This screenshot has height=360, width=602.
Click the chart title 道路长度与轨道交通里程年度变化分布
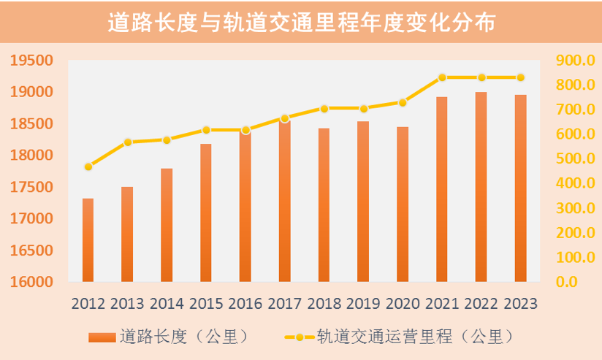(301, 23)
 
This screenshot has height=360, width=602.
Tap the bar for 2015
(206, 212)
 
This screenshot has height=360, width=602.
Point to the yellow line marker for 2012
(88, 166)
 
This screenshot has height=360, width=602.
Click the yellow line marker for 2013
(127, 142)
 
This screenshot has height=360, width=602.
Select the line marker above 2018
(324, 108)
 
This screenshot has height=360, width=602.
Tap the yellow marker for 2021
(442, 77)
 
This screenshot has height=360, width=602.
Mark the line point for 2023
(520, 77)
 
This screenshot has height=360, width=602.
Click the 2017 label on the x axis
(285, 304)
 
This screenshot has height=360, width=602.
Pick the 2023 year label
(520, 304)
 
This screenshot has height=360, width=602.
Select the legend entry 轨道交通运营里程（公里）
(398, 337)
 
